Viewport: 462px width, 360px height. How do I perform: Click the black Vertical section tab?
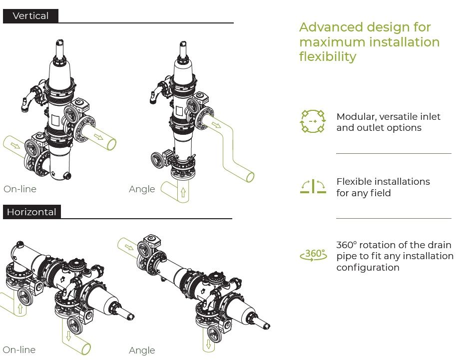tap(30, 16)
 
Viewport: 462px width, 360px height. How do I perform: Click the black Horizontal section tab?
tap(31, 212)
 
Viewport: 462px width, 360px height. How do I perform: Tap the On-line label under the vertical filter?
tap(20, 189)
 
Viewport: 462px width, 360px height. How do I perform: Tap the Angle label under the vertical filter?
tap(142, 189)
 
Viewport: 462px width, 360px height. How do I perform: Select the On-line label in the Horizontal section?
tap(19, 350)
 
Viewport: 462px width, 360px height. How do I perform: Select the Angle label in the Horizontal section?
tap(142, 351)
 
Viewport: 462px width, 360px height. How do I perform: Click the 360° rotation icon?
tap(313, 255)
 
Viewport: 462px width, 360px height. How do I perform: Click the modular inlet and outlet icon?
tap(313, 121)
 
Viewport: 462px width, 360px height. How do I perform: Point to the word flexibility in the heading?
tap(328, 56)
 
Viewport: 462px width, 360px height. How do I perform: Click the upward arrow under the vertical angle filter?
tap(183, 192)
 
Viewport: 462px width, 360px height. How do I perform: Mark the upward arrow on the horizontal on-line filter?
tap(20, 308)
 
